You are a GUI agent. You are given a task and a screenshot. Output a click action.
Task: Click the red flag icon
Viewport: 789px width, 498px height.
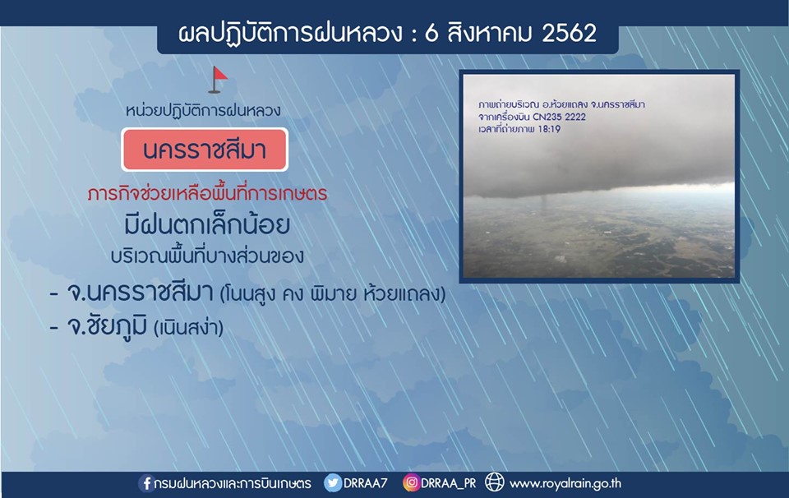tap(218, 80)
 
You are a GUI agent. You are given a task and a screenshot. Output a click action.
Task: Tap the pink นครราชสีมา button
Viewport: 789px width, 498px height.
tap(205, 150)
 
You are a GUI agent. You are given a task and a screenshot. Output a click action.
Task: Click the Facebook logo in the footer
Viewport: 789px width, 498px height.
tap(146, 483)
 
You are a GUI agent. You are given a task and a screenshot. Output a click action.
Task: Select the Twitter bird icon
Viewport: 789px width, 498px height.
tap(333, 483)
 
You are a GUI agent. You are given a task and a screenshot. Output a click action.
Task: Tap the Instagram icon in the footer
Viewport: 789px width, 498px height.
tap(411, 483)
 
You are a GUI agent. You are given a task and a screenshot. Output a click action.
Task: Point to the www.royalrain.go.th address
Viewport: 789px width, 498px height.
tap(565, 484)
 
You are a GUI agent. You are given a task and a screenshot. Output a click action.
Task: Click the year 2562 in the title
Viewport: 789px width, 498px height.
tap(569, 33)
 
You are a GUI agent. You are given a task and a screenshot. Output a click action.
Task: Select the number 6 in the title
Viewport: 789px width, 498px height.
tap(431, 34)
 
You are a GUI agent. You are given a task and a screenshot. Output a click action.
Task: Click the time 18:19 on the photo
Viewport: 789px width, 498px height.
tap(548, 129)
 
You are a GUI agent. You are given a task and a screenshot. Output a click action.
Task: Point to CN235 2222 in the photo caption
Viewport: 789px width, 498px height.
tap(559, 118)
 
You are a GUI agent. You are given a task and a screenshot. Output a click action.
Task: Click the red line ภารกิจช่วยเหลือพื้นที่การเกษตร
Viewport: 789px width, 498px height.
tap(207, 193)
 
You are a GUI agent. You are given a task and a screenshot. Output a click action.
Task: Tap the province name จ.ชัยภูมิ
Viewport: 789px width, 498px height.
tap(107, 326)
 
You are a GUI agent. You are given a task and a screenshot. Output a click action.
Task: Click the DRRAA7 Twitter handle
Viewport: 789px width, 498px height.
tap(366, 483)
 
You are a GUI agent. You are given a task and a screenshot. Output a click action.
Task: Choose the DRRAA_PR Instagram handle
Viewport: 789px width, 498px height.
tap(449, 484)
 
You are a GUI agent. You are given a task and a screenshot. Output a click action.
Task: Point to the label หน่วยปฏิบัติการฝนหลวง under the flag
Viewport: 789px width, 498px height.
tap(203, 111)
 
